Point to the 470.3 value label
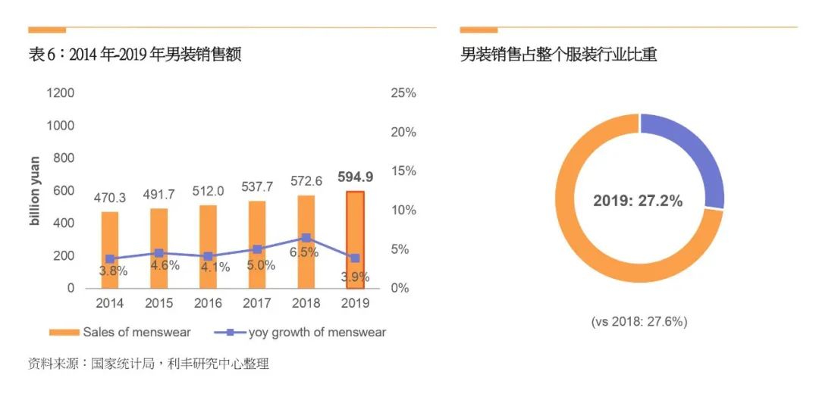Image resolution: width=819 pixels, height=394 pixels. tap(110, 198)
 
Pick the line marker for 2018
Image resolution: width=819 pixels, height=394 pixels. tap(306, 238)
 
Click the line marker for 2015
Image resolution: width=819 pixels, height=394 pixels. tap(158, 253)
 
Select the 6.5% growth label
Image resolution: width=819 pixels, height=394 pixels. tap(303, 252)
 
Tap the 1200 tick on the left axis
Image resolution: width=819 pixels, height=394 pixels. tap(61, 93)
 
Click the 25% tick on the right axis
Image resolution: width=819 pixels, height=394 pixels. tap(403, 93)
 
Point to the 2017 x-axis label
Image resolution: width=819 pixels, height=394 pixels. tap(256, 303)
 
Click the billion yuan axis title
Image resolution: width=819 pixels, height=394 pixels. tap(35, 191)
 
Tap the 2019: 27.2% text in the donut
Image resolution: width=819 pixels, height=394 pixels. tap(638, 201)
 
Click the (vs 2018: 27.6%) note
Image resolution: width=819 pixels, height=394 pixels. tap(639, 321)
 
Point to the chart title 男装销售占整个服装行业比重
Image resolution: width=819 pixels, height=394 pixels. tap(558, 55)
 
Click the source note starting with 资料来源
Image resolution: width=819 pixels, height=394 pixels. tap(148, 364)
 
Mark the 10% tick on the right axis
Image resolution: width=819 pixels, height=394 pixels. tap(403, 210)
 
